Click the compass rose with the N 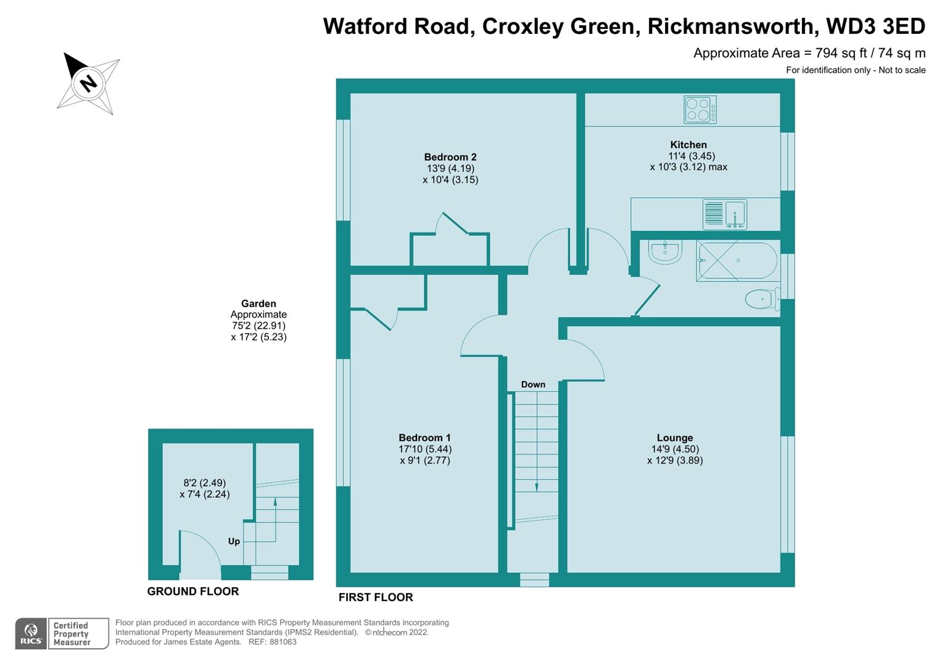(89, 83)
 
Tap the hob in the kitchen (700, 110)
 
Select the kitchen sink (725, 214)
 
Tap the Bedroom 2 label (450, 157)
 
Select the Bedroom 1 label (425, 438)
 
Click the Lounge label (675, 438)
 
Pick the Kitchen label (688, 145)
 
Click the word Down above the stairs (533, 385)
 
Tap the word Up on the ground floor (234, 541)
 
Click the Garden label (258, 303)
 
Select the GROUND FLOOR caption (193, 591)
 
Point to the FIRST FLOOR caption (376, 597)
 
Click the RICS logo (31, 633)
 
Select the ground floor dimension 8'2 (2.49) (205, 483)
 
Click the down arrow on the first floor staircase (537, 487)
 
